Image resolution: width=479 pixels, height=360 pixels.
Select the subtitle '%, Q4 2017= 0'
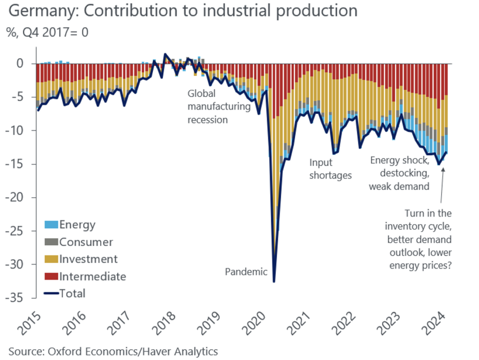(x=47, y=32)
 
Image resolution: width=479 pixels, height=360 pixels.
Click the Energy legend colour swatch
(x=51, y=225)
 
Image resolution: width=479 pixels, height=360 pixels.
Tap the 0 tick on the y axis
(x=25, y=64)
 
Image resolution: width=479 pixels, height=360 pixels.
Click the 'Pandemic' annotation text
(x=246, y=272)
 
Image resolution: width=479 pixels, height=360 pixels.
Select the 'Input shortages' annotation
(x=330, y=169)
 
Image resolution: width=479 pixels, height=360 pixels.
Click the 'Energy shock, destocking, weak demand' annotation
(x=399, y=173)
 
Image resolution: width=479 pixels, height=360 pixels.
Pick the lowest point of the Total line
(x=274, y=281)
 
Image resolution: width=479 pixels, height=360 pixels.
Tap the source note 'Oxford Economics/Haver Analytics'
(x=113, y=350)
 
